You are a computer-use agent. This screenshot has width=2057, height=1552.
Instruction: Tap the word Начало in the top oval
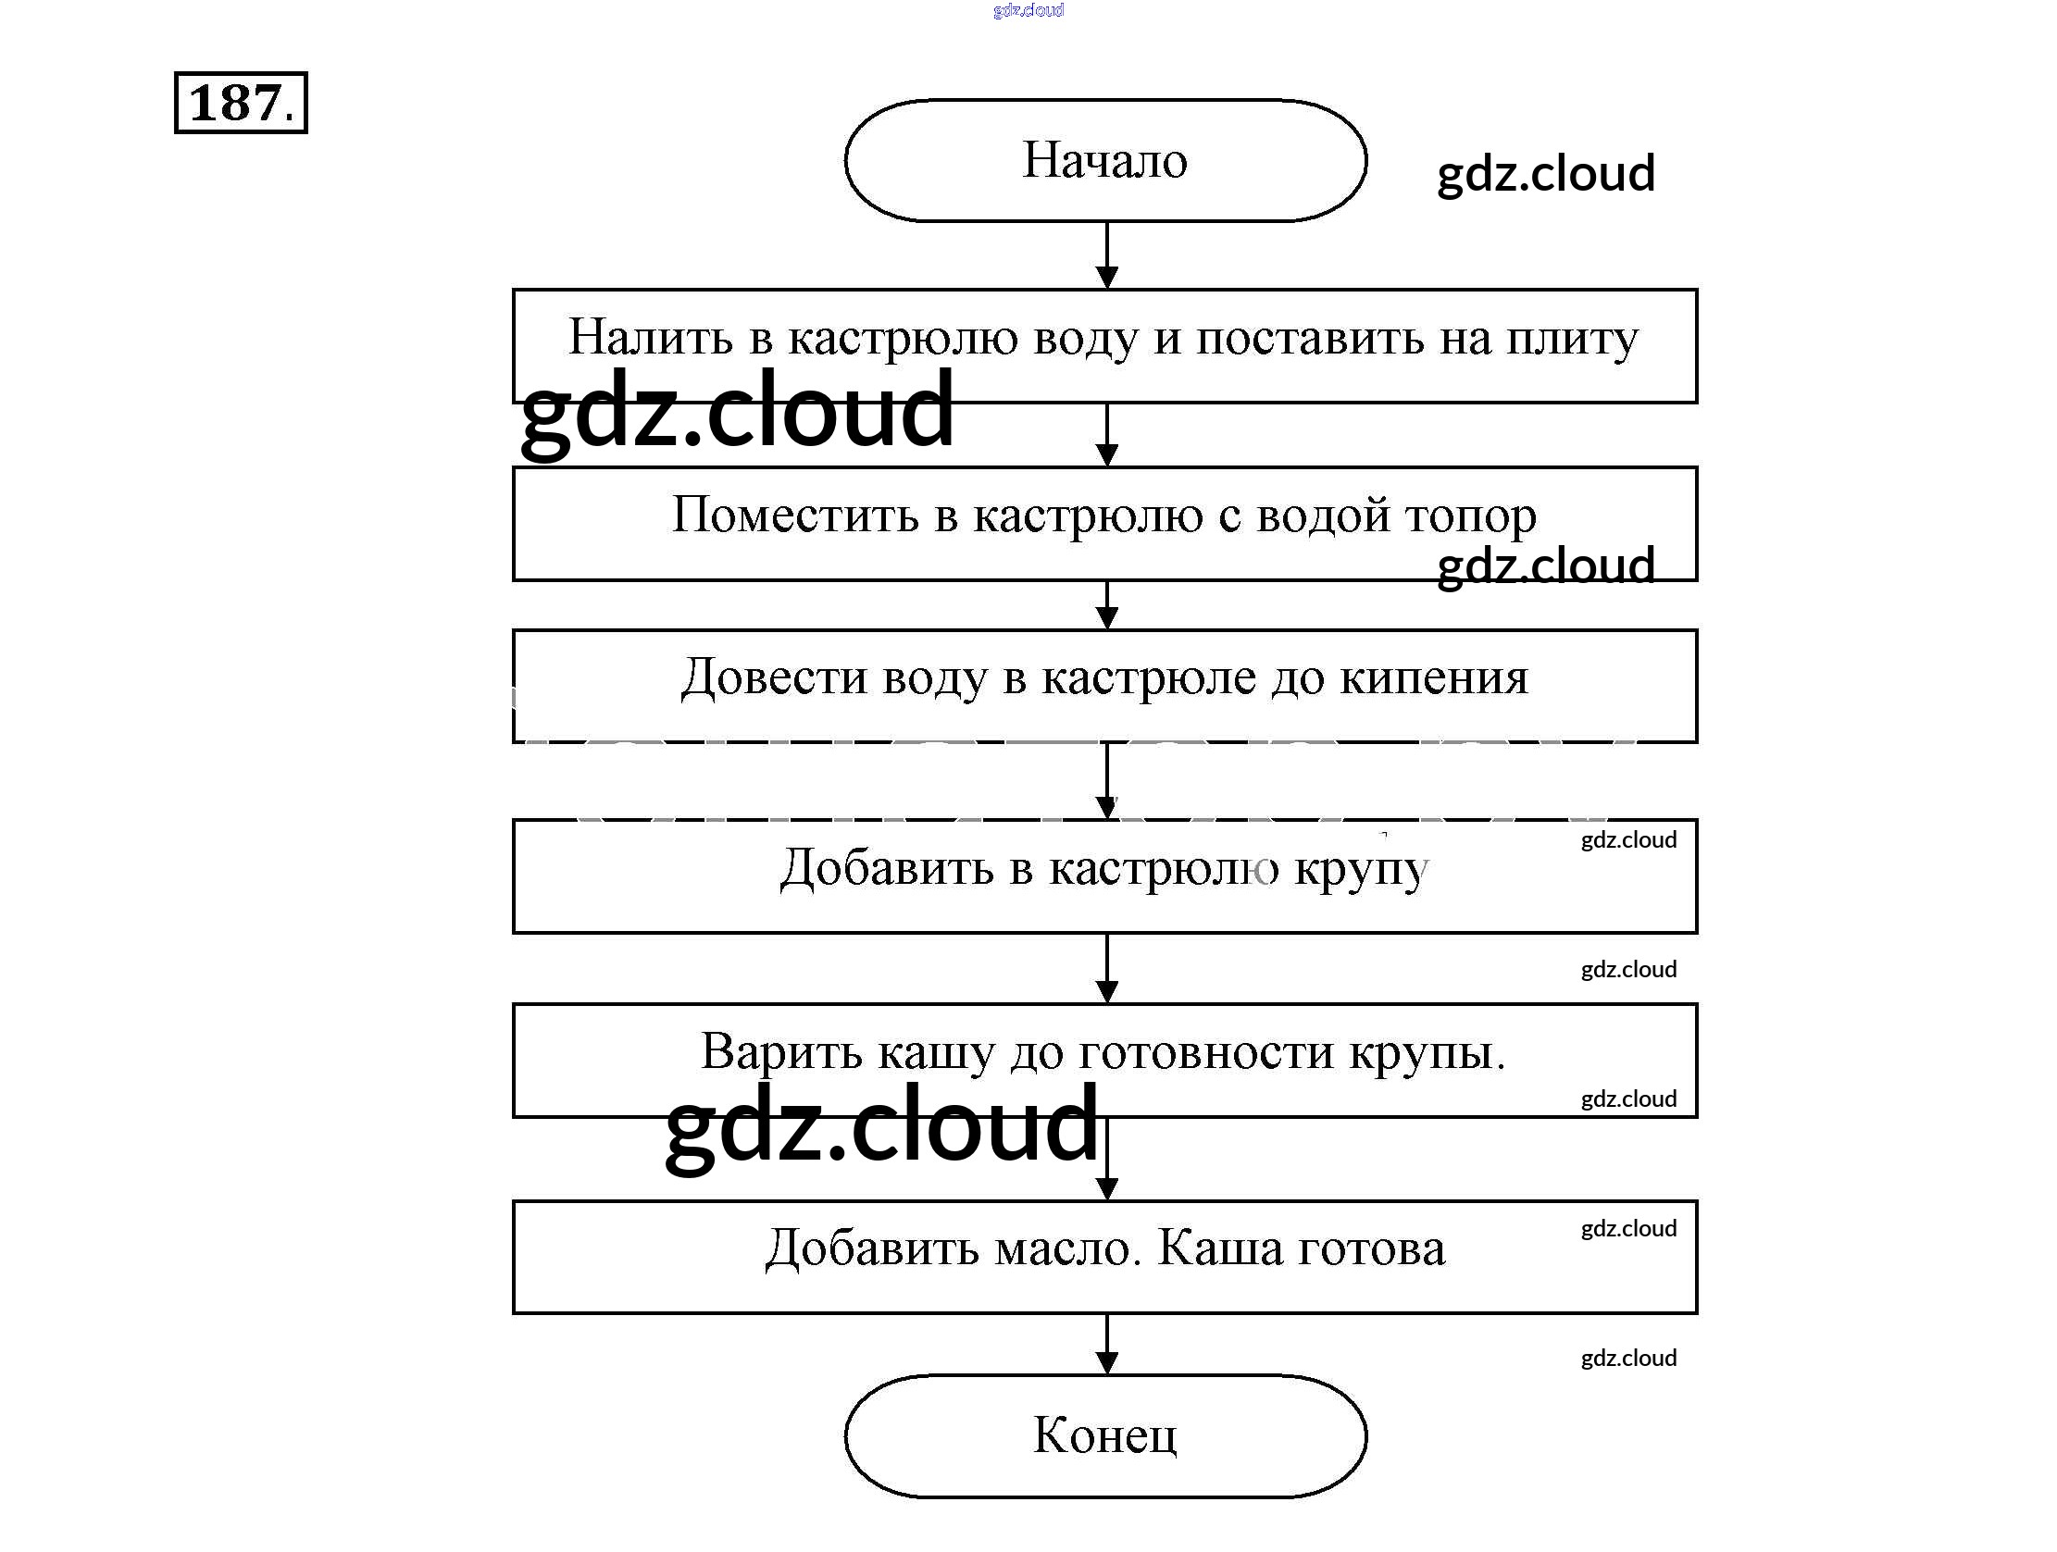(x=1104, y=160)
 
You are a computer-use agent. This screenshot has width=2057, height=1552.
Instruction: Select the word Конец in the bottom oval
(x=1104, y=1434)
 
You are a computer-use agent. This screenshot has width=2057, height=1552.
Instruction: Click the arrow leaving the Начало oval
(x=1106, y=255)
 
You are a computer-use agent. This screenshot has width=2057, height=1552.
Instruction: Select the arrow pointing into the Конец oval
(x=1106, y=1345)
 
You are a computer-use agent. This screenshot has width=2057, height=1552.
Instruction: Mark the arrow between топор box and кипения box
(x=1106, y=605)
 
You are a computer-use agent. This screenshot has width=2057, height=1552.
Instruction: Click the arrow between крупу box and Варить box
(x=1106, y=968)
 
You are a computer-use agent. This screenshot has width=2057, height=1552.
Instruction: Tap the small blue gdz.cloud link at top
(x=1028, y=10)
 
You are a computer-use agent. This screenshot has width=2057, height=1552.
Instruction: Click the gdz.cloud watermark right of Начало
(x=1546, y=174)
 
